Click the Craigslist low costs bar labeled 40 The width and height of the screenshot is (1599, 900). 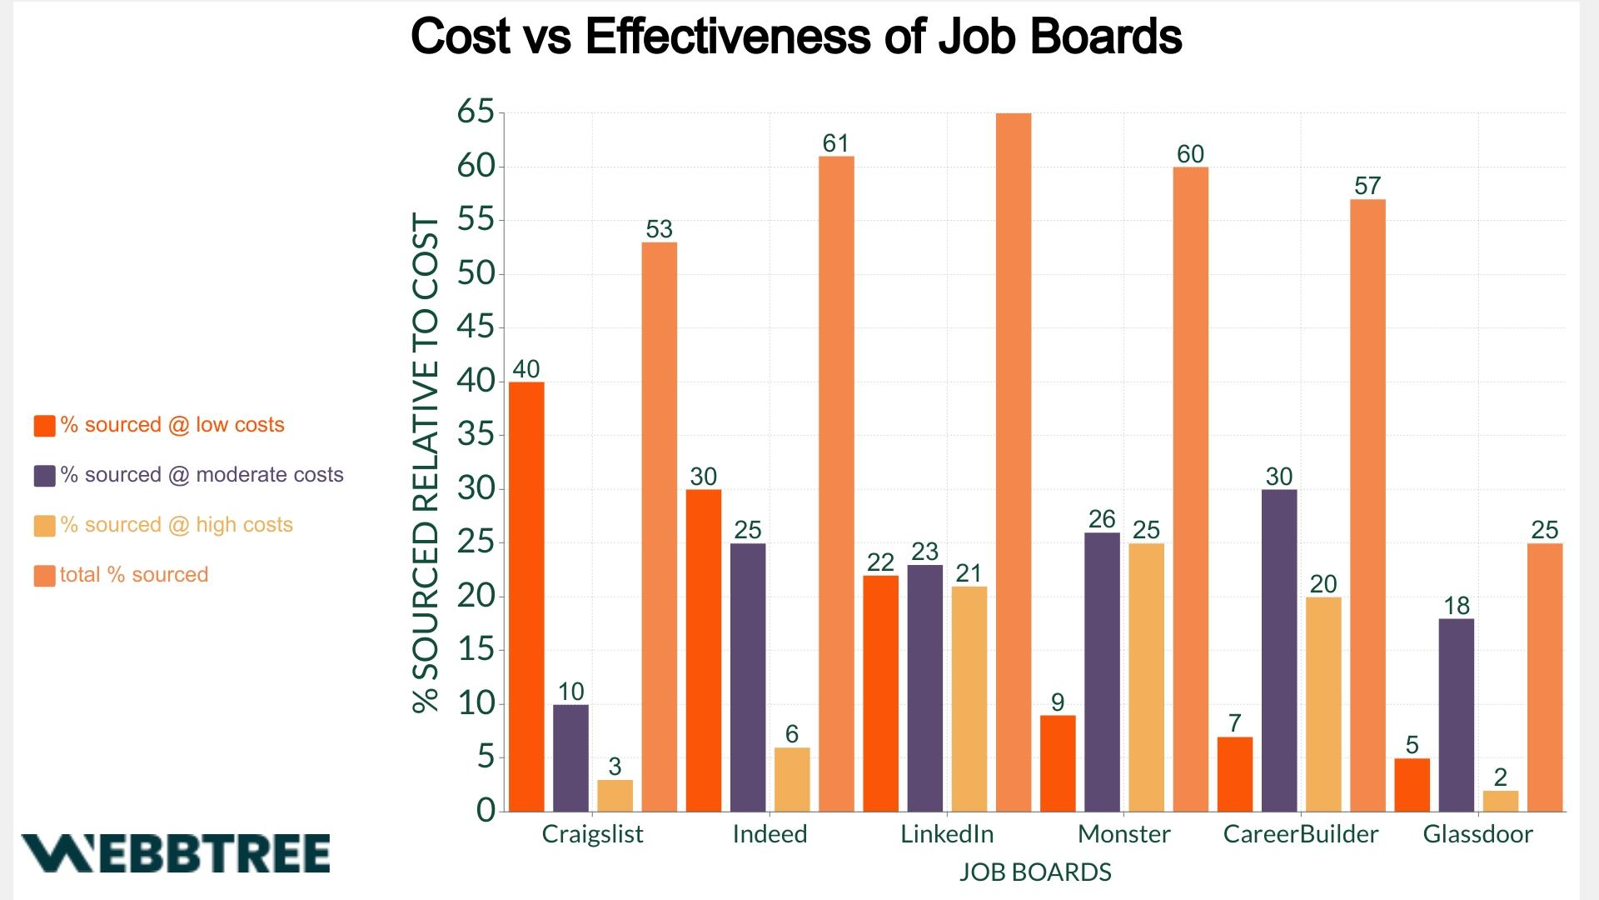526,596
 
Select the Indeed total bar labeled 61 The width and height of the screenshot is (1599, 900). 836,483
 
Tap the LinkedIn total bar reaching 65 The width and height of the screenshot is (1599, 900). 1014,462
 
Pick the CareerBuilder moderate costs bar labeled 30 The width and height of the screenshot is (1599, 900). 1279,650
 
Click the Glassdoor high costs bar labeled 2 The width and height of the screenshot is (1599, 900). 1501,801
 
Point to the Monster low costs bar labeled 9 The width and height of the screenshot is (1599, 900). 1058,762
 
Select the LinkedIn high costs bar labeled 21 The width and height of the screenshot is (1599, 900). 969,698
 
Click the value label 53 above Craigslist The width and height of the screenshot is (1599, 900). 659,229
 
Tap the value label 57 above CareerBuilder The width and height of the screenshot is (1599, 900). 1367,186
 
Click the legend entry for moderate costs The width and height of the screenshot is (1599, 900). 202,475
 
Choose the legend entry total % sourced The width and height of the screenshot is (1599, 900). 133,575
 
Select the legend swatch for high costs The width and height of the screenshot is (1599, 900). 44,526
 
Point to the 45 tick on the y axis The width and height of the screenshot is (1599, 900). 476,327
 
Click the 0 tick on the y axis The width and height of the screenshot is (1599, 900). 486,810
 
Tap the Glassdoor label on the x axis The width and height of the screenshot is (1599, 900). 1477,834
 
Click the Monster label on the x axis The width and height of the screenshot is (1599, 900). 1123,834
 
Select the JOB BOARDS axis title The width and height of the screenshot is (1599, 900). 1035,872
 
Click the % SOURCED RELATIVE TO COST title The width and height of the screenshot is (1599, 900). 426,462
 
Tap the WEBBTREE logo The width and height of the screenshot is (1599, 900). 176,853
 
